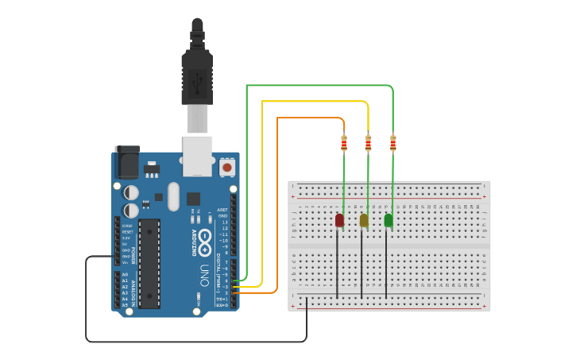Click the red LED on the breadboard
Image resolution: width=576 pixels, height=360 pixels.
click(x=339, y=220)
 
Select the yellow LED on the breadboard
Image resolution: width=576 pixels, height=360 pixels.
click(x=364, y=220)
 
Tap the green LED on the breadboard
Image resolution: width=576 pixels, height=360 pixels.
click(x=389, y=220)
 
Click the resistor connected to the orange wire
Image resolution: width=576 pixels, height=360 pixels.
click(x=344, y=143)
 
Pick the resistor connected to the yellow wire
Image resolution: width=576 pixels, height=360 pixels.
click(x=368, y=143)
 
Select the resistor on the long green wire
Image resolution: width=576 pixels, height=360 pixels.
click(x=392, y=143)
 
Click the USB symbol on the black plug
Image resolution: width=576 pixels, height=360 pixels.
click(x=197, y=79)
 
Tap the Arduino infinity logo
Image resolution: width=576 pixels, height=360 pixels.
click(x=205, y=239)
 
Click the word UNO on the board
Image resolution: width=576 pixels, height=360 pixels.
click(x=204, y=275)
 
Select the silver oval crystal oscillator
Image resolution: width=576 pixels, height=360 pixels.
click(x=174, y=196)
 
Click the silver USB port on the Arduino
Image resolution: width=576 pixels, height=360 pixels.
click(x=197, y=155)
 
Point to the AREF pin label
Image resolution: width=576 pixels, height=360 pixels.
click(x=222, y=210)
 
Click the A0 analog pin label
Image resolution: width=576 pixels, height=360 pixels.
click(x=125, y=275)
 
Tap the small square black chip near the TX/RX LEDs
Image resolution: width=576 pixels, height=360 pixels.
click(x=194, y=198)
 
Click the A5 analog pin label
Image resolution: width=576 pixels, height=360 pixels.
click(x=125, y=305)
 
